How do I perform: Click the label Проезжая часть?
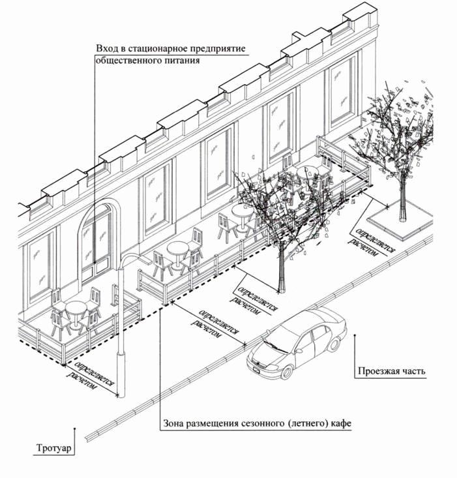[x=391, y=372]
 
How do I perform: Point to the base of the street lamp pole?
[x=121, y=391]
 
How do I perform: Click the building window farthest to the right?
[x=342, y=95]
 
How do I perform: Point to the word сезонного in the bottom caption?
[x=261, y=424]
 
